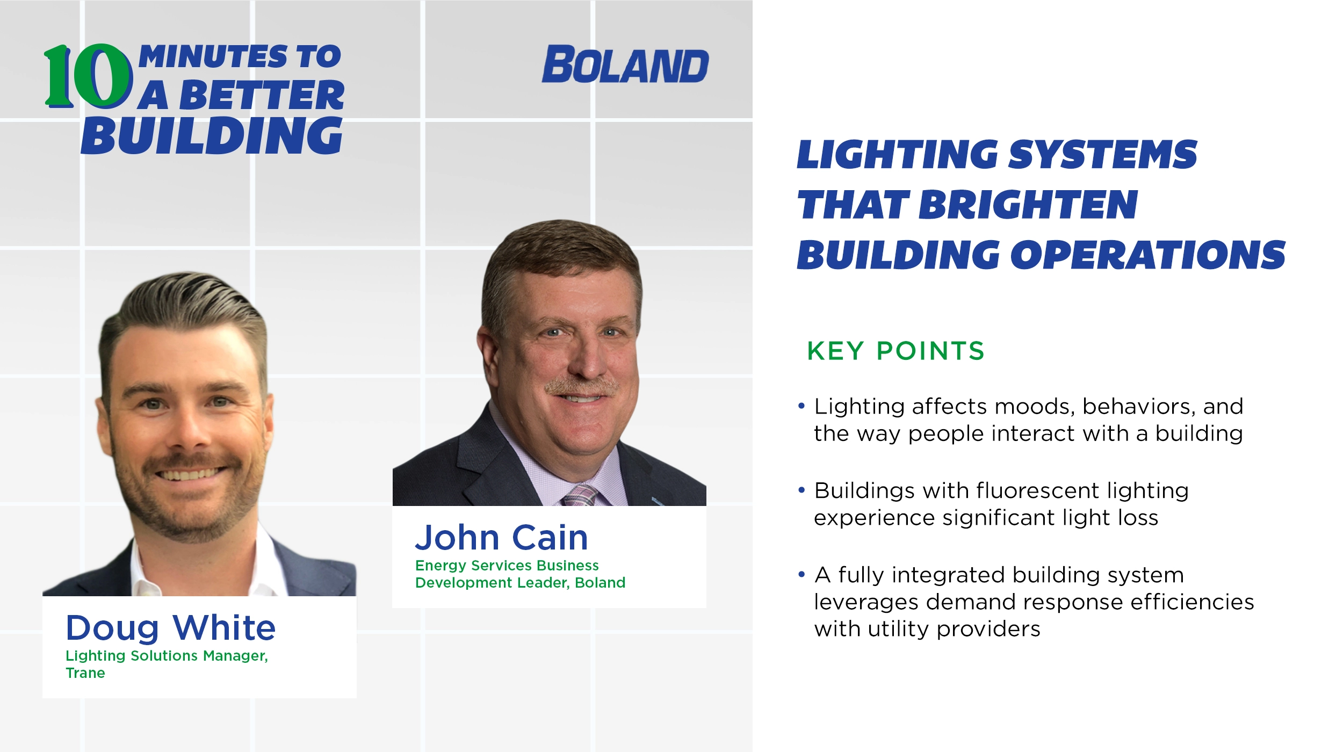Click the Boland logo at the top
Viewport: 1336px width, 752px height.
click(x=625, y=65)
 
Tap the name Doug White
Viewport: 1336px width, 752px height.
click(x=170, y=627)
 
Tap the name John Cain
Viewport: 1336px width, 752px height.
click(x=502, y=537)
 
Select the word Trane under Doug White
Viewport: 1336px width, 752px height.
click(x=85, y=673)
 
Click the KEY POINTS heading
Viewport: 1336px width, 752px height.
click(x=896, y=351)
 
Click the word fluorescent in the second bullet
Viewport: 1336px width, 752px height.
click(x=1037, y=490)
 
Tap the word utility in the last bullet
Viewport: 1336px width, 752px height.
click(x=898, y=629)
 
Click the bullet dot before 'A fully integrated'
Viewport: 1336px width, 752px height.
click(x=801, y=575)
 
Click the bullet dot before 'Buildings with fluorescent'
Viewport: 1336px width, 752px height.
click(x=801, y=490)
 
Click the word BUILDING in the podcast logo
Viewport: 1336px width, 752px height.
click(x=212, y=136)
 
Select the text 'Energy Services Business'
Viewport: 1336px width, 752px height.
click(x=507, y=566)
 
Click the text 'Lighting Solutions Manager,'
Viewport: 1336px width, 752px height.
click(x=167, y=656)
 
